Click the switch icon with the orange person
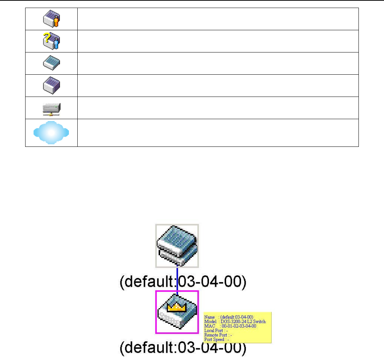[x=51, y=19]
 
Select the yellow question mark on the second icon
[x=47, y=36]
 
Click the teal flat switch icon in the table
[x=51, y=63]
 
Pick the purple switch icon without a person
[x=51, y=85]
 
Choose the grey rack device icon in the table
[x=51, y=108]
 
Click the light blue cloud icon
[x=51, y=133]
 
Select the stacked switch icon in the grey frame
[x=177, y=246]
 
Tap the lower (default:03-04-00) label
[x=181, y=349]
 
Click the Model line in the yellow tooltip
[x=235, y=322]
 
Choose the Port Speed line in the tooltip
[x=217, y=339]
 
